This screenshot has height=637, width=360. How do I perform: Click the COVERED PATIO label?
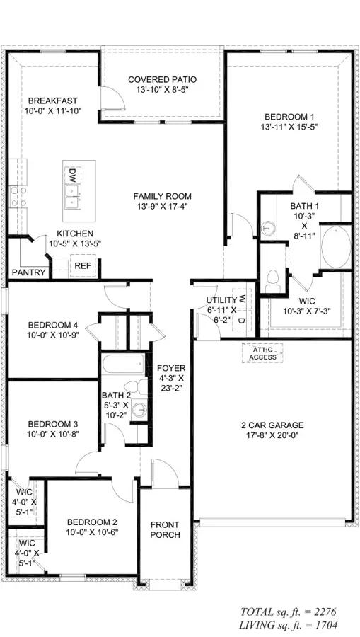point(162,79)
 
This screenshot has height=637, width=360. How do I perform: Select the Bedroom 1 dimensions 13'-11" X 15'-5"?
point(289,128)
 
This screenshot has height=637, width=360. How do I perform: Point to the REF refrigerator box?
point(83,265)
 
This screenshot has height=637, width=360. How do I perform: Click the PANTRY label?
point(29,272)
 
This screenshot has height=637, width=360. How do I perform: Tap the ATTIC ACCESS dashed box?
point(262,352)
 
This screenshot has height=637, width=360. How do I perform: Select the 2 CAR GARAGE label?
point(272,425)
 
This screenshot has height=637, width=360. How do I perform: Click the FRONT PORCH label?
point(165,529)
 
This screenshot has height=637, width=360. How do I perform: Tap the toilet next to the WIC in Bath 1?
point(273,280)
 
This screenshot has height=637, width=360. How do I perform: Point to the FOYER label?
point(170,368)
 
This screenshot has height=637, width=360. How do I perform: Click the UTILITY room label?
point(221,300)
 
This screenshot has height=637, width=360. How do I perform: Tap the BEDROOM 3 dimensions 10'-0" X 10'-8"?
point(52,434)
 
